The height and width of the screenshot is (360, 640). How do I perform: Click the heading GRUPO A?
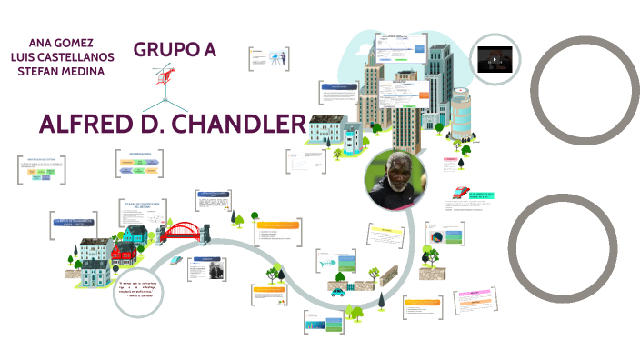click(x=175, y=50)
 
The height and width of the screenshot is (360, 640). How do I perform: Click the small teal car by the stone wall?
click(x=339, y=293)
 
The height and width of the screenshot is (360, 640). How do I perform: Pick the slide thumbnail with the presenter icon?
click(x=269, y=57)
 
